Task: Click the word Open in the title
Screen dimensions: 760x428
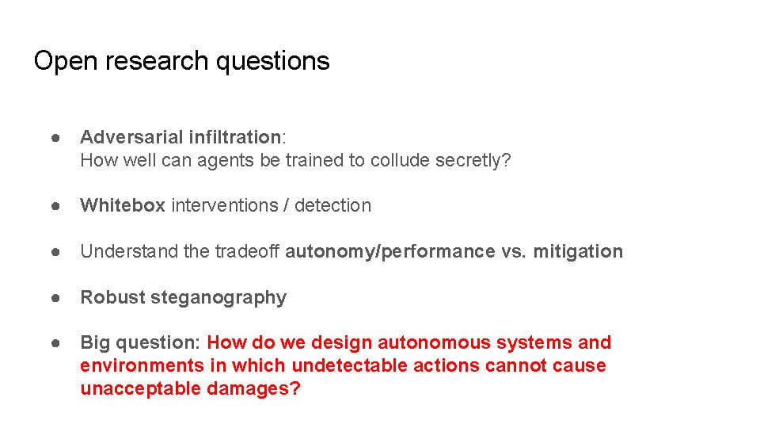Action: [66, 62]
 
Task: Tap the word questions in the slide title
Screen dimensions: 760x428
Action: [273, 62]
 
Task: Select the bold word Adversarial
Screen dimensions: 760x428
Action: [131, 137]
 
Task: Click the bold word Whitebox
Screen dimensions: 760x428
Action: [123, 205]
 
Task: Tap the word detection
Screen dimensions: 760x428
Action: [333, 205]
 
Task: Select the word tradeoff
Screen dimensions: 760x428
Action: [247, 251]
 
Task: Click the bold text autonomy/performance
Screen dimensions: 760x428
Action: [390, 252]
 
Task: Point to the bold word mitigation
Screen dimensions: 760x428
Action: [578, 252]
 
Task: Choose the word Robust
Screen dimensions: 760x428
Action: [113, 297]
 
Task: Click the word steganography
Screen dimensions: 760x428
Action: [218, 298]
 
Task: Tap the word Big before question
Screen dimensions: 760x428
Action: [95, 343]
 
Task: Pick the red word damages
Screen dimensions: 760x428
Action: [253, 389]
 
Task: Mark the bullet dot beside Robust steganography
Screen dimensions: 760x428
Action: [55, 297]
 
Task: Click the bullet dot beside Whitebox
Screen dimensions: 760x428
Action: [55, 206]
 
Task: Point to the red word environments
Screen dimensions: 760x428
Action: [142, 365]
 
